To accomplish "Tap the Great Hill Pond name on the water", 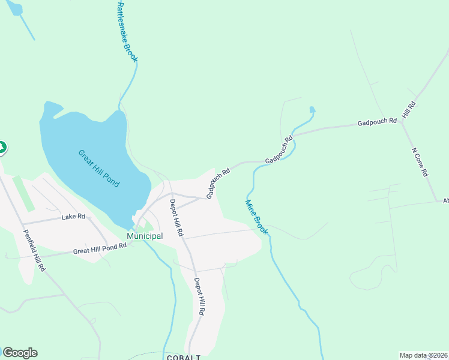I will click(x=99, y=167).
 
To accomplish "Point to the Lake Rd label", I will click(x=73, y=217).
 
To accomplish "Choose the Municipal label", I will click(x=145, y=236).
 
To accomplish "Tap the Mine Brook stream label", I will click(x=256, y=217).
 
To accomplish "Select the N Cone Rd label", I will click(x=420, y=162).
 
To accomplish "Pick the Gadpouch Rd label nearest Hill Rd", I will click(x=377, y=122).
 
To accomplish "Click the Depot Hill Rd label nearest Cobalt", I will click(x=200, y=297).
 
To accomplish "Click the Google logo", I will click(x=20, y=353).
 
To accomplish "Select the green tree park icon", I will click(x=2, y=146).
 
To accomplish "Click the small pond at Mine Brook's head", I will click(x=312, y=110).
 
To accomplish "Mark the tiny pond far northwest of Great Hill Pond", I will click(x=14, y=8).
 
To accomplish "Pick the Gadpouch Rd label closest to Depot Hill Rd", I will click(x=218, y=184).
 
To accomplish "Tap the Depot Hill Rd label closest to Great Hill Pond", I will click(x=176, y=217).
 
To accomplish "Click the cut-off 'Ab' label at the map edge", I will click(x=445, y=201).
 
